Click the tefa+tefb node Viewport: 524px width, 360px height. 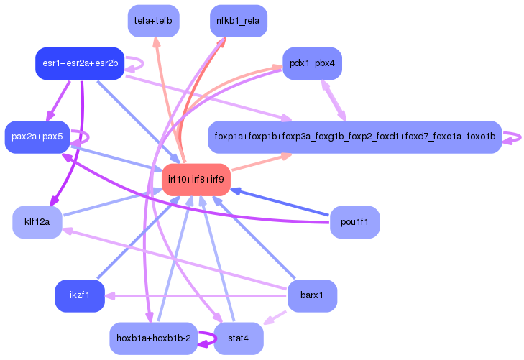153,21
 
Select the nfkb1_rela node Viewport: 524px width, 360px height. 238,21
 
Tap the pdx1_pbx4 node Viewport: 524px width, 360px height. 311,63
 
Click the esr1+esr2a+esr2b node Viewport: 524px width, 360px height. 80,63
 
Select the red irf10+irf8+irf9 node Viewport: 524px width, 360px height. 196,179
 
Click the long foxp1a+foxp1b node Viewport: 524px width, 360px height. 354,137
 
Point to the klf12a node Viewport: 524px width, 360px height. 37,221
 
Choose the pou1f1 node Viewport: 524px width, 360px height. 354,221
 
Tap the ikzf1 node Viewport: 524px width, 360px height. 80,295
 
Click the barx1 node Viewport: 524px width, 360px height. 311,295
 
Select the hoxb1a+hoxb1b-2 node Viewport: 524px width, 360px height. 153,338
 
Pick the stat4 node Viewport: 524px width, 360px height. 238,338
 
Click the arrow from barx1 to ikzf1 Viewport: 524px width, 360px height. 194,295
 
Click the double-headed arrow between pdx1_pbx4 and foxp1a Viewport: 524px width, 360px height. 332,100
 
